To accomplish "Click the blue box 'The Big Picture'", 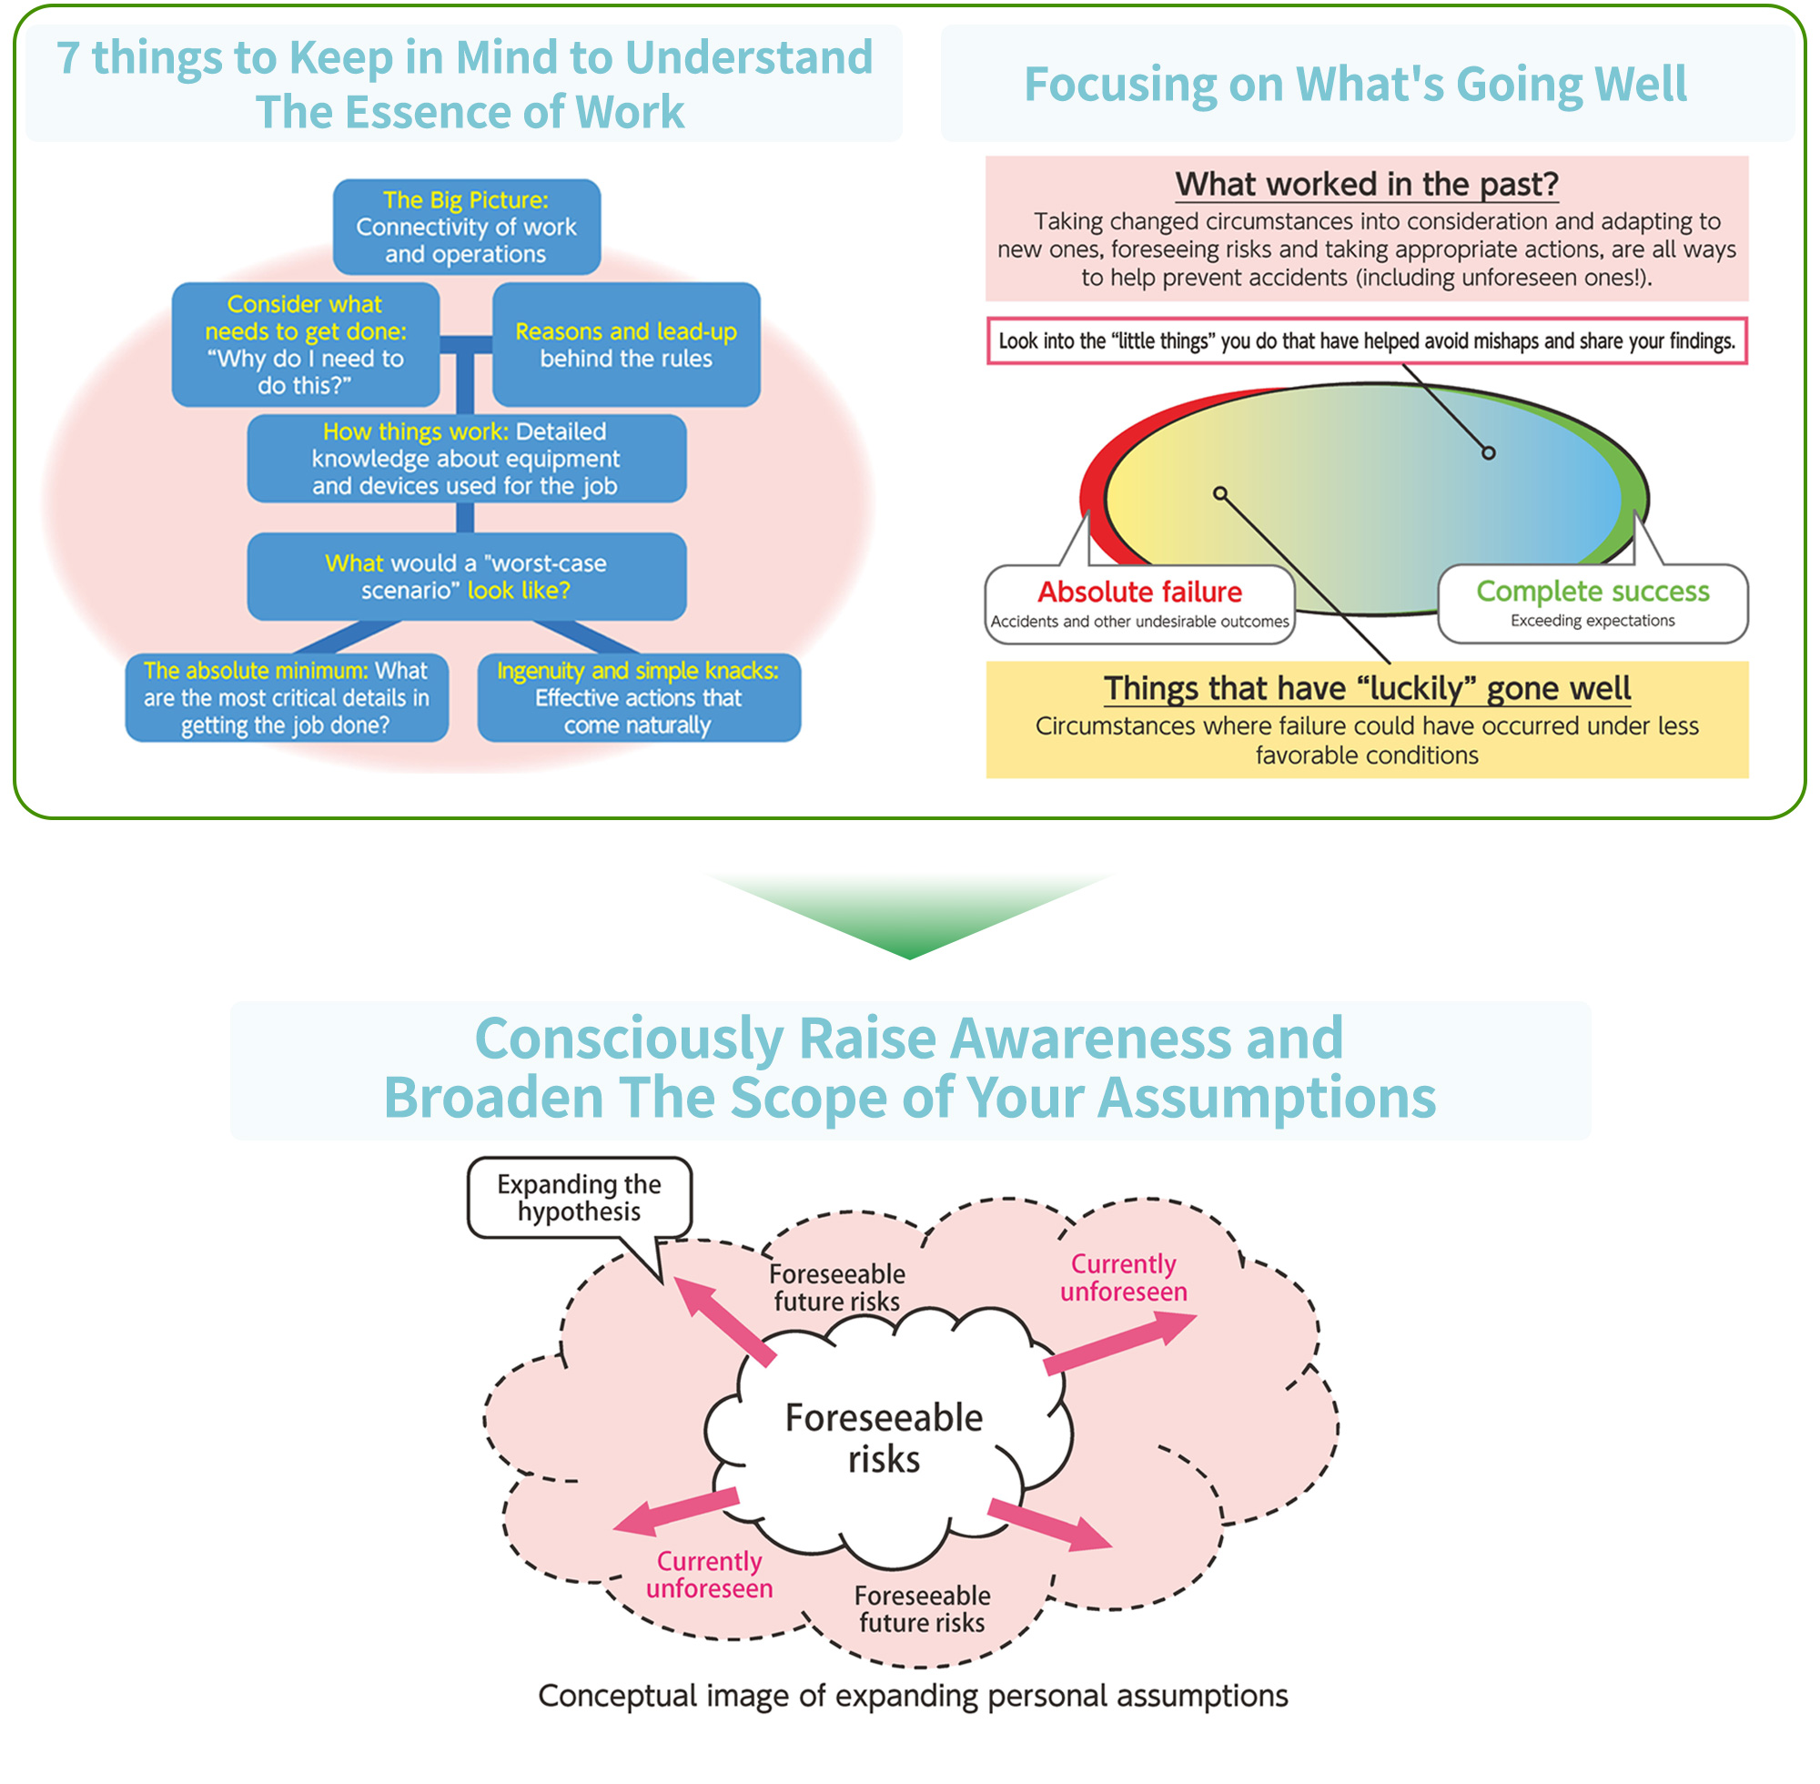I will [467, 227].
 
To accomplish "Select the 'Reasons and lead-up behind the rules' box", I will [626, 345].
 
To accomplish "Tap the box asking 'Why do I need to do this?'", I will [306, 345].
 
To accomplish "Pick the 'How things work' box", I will [467, 458].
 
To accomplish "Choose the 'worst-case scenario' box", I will [467, 576].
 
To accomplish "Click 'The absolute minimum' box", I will [287, 698].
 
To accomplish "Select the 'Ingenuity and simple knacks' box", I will [639, 698].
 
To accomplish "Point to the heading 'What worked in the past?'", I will [1367, 185].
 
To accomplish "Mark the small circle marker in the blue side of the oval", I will [1489, 453].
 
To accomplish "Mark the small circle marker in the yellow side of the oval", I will [1219, 492].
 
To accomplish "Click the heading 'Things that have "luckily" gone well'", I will [1367, 689].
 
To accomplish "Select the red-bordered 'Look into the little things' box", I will [1367, 341].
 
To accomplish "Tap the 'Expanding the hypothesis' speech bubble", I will [579, 1198].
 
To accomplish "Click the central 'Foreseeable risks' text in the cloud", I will [885, 1438].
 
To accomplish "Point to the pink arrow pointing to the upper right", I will [1120, 1342].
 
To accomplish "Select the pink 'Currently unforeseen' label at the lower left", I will [709, 1574].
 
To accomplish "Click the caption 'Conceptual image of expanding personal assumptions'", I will [914, 1696].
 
